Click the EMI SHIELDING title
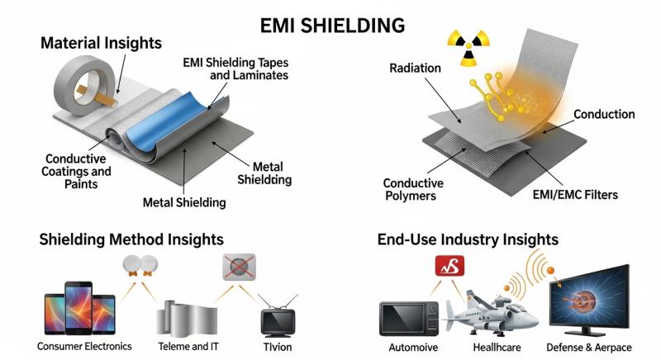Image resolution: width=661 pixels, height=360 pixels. point(330,24)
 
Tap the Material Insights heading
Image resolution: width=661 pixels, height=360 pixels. point(101,43)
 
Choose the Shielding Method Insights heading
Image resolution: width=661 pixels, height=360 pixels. point(131,239)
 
